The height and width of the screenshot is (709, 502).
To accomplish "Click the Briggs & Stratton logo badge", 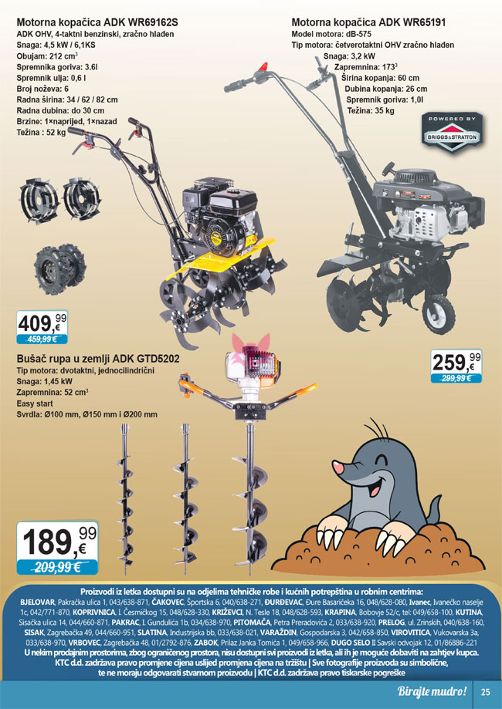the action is pos(452,133).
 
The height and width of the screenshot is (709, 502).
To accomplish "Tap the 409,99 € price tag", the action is pos(42,327).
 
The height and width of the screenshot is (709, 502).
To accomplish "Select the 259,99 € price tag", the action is pos(456,366).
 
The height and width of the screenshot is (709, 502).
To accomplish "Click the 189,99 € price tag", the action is pos(57,548).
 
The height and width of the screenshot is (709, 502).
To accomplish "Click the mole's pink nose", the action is pos(338,467).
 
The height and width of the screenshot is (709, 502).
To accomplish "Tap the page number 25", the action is pos(485,692).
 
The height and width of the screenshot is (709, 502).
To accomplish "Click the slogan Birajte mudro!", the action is pos(432,691).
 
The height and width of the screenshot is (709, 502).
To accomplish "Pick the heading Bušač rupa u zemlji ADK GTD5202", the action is pos(98,359).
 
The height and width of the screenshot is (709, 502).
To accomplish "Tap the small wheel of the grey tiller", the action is pos(438,314).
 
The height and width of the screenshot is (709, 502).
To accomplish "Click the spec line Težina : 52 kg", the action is pos(41,133).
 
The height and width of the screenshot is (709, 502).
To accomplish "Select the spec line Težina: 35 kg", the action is pos(371,111).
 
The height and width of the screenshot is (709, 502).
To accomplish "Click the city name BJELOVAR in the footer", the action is pos(38,603).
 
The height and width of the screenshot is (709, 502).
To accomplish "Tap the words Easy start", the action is pos(35,403).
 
